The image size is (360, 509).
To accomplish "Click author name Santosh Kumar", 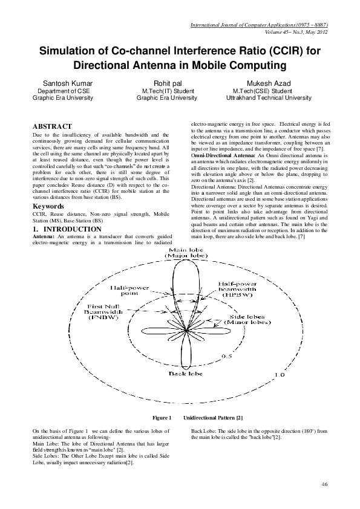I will pos(64,82).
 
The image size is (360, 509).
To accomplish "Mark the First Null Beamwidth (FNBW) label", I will pos(106,311).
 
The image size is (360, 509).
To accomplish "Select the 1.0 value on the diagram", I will pos(280,375).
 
